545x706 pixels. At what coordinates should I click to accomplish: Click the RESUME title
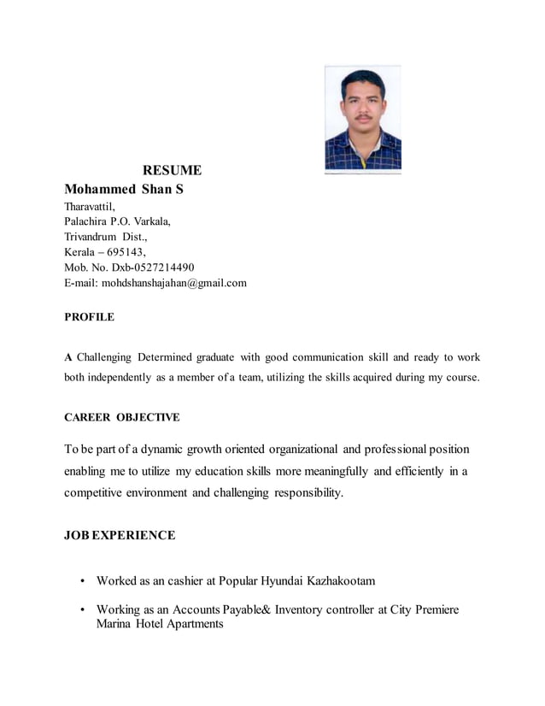(x=172, y=170)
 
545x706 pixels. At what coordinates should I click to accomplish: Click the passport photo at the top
(x=362, y=119)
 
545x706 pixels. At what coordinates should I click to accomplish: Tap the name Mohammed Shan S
(x=124, y=189)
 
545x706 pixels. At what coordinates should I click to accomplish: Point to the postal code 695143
(x=126, y=252)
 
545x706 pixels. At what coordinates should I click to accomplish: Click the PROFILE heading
(x=89, y=317)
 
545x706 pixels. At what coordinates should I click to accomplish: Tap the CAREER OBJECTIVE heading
(x=122, y=417)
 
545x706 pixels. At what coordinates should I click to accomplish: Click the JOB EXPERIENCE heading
(x=120, y=535)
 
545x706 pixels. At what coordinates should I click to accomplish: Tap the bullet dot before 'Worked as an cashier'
(x=82, y=581)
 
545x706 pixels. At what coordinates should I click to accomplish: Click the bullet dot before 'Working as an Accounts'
(x=82, y=610)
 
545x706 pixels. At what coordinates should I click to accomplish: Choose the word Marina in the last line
(x=115, y=624)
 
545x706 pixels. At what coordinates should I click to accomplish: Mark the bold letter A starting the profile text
(x=68, y=356)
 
